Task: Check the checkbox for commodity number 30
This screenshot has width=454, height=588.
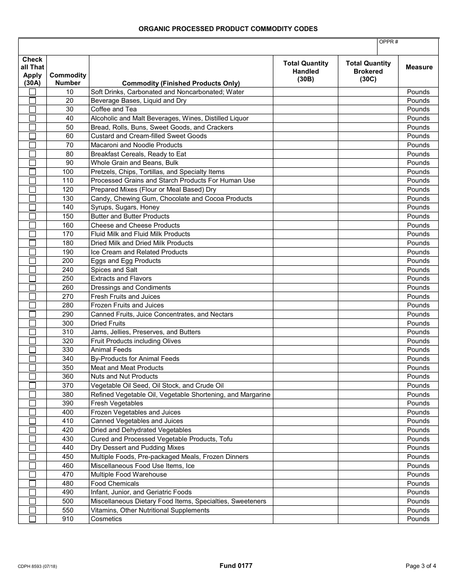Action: pos(32,109)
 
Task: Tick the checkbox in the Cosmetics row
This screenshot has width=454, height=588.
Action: pos(32,519)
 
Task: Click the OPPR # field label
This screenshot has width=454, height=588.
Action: pos(389,42)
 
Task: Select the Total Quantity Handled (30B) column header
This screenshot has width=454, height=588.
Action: pos(305,71)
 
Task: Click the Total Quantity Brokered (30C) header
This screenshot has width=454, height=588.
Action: pos(368,71)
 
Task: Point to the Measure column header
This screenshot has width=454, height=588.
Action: pos(419,67)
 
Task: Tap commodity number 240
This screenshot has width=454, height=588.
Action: pos(68,270)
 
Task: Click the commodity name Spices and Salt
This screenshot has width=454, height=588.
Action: pos(114,270)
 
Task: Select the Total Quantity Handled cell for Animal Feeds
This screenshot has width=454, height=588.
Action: pos(305,350)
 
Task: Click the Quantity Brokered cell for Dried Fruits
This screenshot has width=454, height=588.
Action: pos(368,323)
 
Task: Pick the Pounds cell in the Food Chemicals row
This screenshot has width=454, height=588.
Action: pos(418,483)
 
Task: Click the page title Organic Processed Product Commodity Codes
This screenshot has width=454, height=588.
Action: pos(228,29)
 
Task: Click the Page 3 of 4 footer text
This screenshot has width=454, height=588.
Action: pos(421,566)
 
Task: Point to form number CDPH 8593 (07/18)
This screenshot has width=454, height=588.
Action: pos(38,566)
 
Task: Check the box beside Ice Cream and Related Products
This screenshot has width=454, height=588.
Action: pos(32,252)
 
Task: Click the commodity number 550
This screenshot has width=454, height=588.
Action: pos(68,510)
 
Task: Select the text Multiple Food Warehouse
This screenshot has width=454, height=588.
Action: pos(129,474)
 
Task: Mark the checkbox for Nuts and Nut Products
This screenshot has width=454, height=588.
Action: pos(32,377)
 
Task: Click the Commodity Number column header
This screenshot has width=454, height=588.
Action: pos(68,79)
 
